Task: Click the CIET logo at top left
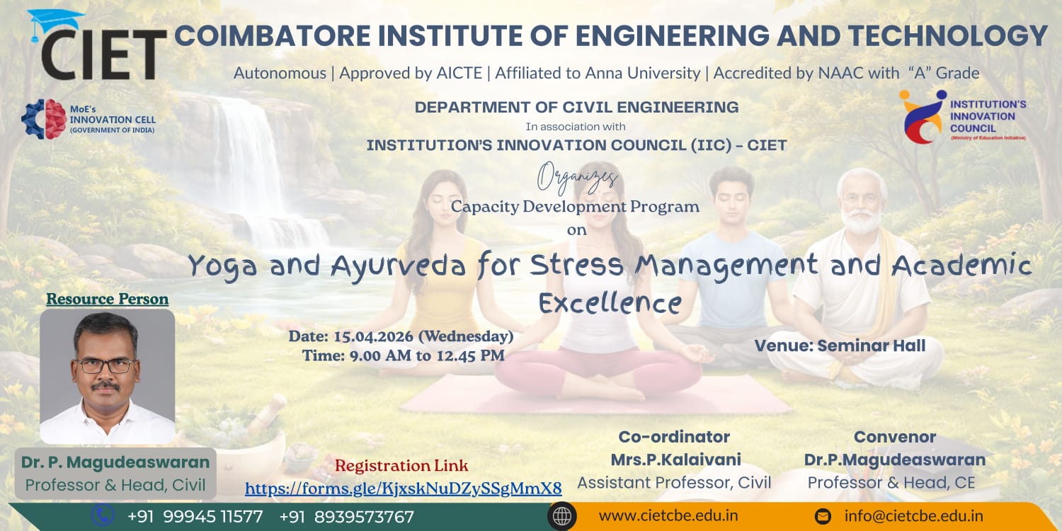(x=98, y=45)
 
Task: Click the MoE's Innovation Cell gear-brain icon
(x=44, y=119)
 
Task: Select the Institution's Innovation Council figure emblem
(x=922, y=117)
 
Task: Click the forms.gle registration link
(x=404, y=488)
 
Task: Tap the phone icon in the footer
(x=103, y=515)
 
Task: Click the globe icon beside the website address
(x=562, y=516)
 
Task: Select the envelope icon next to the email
(x=823, y=516)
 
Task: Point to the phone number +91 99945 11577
(x=195, y=516)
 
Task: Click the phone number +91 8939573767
(x=347, y=516)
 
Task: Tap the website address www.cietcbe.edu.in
(x=668, y=515)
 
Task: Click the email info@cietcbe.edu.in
(x=913, y=515)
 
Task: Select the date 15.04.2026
(x=374, y=336)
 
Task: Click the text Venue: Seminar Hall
(x=840, y=346)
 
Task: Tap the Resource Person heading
(x=107, y=299)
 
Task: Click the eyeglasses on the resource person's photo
(x=105, y=365)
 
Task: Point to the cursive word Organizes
(x=577, y=178)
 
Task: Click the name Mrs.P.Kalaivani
(x=675, y=459)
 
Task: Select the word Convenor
(x=895, y=437)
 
